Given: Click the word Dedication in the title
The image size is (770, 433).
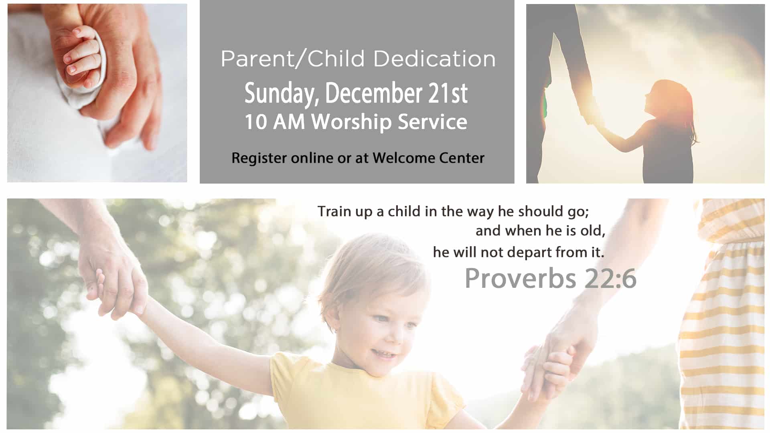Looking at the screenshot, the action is pos(435,59).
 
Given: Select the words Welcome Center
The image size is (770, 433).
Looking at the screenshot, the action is pos(428,158).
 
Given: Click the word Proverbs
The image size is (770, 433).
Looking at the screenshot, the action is pos(520,278).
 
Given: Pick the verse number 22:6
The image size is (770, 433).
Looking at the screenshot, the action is pos(610,279).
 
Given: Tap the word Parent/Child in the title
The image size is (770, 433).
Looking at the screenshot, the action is pos(293,59).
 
